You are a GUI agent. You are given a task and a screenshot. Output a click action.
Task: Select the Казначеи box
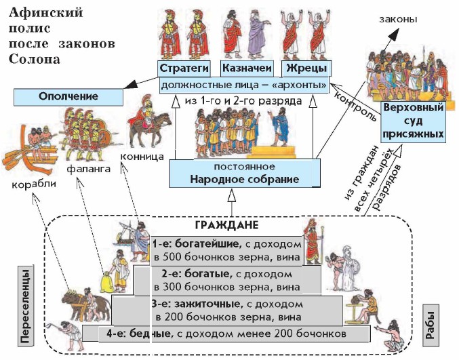247,68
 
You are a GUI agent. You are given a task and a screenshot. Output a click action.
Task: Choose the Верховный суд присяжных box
413,121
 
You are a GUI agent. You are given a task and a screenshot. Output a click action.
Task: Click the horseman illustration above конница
146,123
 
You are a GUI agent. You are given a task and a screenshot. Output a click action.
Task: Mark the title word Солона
34,58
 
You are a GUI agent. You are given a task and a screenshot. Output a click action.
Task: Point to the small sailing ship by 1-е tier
125,233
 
